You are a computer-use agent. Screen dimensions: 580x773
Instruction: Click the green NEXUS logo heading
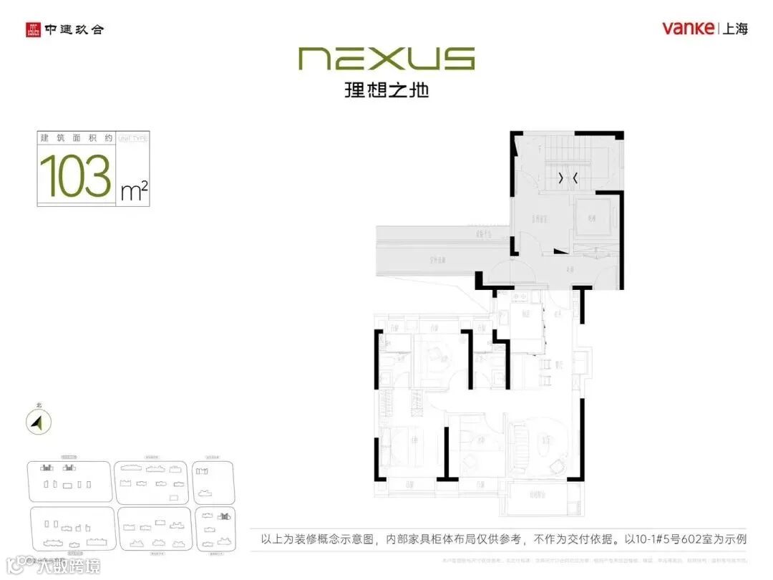pos(386,59)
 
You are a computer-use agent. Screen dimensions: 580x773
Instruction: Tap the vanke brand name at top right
pos(687,28)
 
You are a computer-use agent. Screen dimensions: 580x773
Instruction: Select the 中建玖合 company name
pos(74,30)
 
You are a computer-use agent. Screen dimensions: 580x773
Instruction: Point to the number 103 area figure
pos(75,175)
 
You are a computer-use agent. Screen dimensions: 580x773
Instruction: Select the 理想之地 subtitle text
pos(386,90)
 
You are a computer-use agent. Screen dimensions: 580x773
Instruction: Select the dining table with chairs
pos(544,369)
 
